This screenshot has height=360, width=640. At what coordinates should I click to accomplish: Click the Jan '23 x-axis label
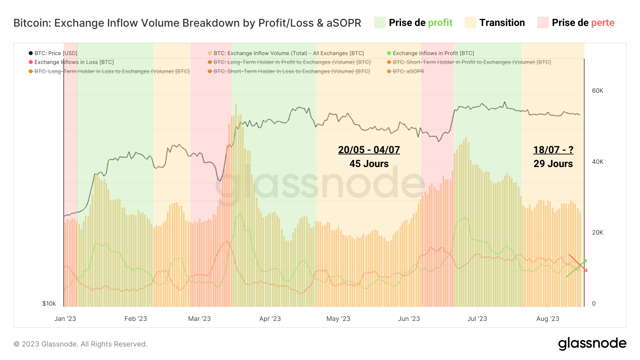[65, 319]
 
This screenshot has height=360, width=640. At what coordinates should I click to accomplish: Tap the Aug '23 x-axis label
[548, 319]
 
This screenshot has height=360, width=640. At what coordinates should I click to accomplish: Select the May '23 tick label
[338, 319]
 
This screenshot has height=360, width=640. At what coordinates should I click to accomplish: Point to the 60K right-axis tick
[597, 91]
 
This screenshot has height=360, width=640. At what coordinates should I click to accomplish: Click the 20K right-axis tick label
[597, 232]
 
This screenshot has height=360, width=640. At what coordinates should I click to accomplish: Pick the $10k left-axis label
[49, 303]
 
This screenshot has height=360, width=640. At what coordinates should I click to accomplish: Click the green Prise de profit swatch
[380, 23]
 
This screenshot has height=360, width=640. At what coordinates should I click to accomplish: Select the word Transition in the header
[502, 23]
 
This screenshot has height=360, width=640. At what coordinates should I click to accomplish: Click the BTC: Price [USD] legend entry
[55, 53]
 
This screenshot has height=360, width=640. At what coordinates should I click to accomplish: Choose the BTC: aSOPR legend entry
[408, 71]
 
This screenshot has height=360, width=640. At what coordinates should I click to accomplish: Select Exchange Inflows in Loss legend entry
[74, 62]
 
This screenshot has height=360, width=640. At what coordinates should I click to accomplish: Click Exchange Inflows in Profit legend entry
[433, 53]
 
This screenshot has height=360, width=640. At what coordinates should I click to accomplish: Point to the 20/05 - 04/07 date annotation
[369, 150]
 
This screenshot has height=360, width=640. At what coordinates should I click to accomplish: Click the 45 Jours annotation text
[369, 164]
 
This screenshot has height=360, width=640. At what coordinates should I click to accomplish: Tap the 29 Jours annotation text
[553, 164]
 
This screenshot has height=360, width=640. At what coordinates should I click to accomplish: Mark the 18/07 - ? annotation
[553, 150]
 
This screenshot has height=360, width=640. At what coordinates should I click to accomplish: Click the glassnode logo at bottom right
[592, 343]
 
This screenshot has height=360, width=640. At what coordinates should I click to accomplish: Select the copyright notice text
[80, 344]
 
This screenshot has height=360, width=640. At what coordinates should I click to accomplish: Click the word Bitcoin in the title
[32, 23]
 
